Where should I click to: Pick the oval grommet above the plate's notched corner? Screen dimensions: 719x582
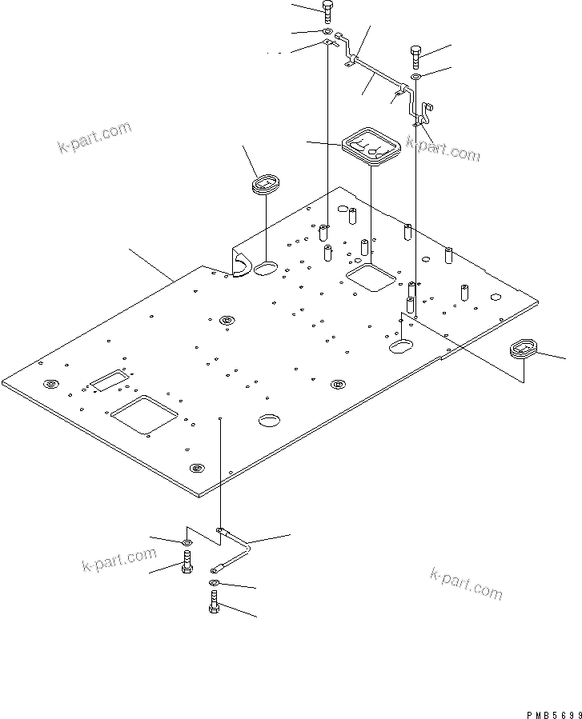(263, 186)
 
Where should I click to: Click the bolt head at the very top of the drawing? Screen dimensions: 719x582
(328, 10)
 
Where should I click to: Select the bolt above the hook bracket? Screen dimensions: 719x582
(416, 55)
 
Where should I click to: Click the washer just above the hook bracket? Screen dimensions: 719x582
(417, 77)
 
